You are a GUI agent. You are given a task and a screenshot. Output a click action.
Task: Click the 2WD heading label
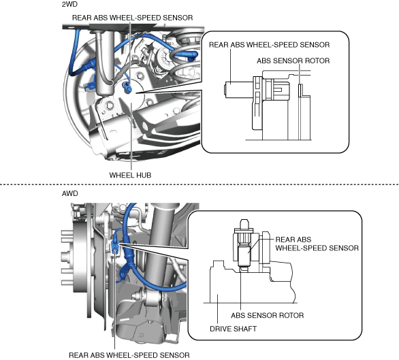click(x=69, y=4)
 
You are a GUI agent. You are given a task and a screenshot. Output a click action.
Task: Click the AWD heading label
click(x=69, y=193)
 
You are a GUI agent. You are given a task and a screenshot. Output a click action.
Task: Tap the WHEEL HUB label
click(x=130, y=175)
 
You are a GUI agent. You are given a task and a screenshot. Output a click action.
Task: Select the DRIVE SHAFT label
click(x=233, y=329)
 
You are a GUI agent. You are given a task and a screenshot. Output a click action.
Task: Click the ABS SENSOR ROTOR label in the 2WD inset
click(x=293, y=61)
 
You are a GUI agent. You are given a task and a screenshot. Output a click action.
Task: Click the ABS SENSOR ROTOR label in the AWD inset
click(x=267, y=316)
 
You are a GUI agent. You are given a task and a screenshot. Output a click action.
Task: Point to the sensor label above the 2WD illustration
click(x=132, y=18)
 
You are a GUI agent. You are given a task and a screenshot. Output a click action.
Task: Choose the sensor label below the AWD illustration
click(x=129, y=355)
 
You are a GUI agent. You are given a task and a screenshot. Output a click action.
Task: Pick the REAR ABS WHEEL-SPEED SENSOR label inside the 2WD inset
click(x=269, y=45)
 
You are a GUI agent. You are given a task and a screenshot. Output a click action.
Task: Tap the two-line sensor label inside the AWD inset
click(x=317, y=244)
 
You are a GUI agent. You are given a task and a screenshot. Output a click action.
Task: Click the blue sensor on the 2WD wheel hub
click(x=127, y=86)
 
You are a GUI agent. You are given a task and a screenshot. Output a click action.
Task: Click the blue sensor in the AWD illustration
click(x=115, y=246)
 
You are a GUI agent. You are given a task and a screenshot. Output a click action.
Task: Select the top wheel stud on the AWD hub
click(x=66, y=233)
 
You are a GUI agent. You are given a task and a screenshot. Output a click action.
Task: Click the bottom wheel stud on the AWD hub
click(x=66, y=282)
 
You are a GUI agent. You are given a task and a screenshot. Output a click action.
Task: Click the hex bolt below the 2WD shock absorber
click(x=110, y=105)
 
